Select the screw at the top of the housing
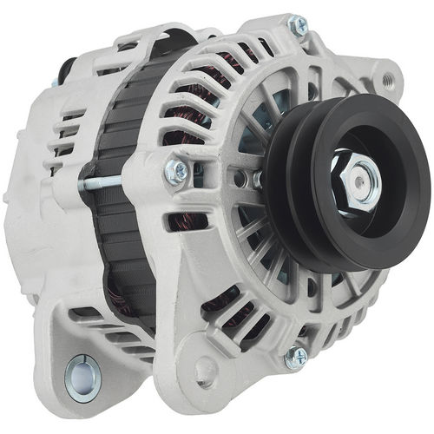point(298,27)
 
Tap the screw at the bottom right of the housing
point(297,355)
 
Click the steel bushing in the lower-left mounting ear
point(82,377)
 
